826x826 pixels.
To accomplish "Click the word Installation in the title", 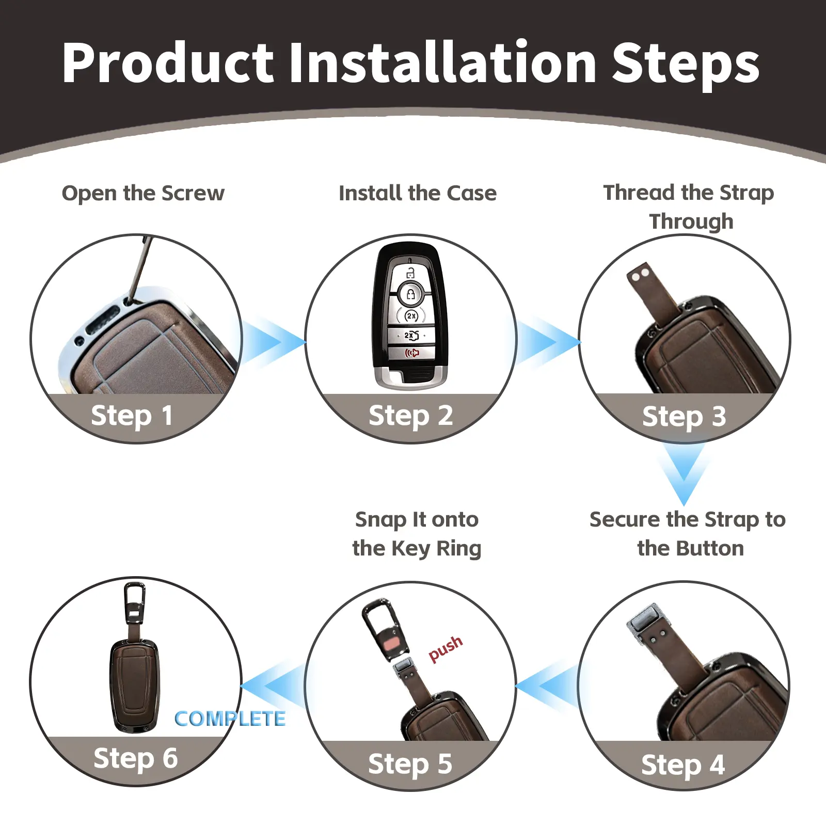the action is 442,63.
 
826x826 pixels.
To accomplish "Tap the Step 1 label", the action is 132,416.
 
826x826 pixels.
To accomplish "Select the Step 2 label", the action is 410,416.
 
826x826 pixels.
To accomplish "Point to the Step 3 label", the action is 684,417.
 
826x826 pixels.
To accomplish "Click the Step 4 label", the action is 683,765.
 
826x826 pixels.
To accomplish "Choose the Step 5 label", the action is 410,765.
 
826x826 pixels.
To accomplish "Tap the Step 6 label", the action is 136,758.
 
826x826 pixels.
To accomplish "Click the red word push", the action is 446,648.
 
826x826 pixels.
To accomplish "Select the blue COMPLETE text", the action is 230,719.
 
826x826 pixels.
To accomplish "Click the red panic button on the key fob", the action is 411,353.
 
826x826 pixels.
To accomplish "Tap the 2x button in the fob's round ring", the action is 411,315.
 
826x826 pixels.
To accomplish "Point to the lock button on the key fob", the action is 411,294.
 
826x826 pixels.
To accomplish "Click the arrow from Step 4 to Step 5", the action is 547,687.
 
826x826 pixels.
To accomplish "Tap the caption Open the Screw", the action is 143,194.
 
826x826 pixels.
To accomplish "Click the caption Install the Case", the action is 418,194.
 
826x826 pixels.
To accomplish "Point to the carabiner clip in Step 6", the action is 135,604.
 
